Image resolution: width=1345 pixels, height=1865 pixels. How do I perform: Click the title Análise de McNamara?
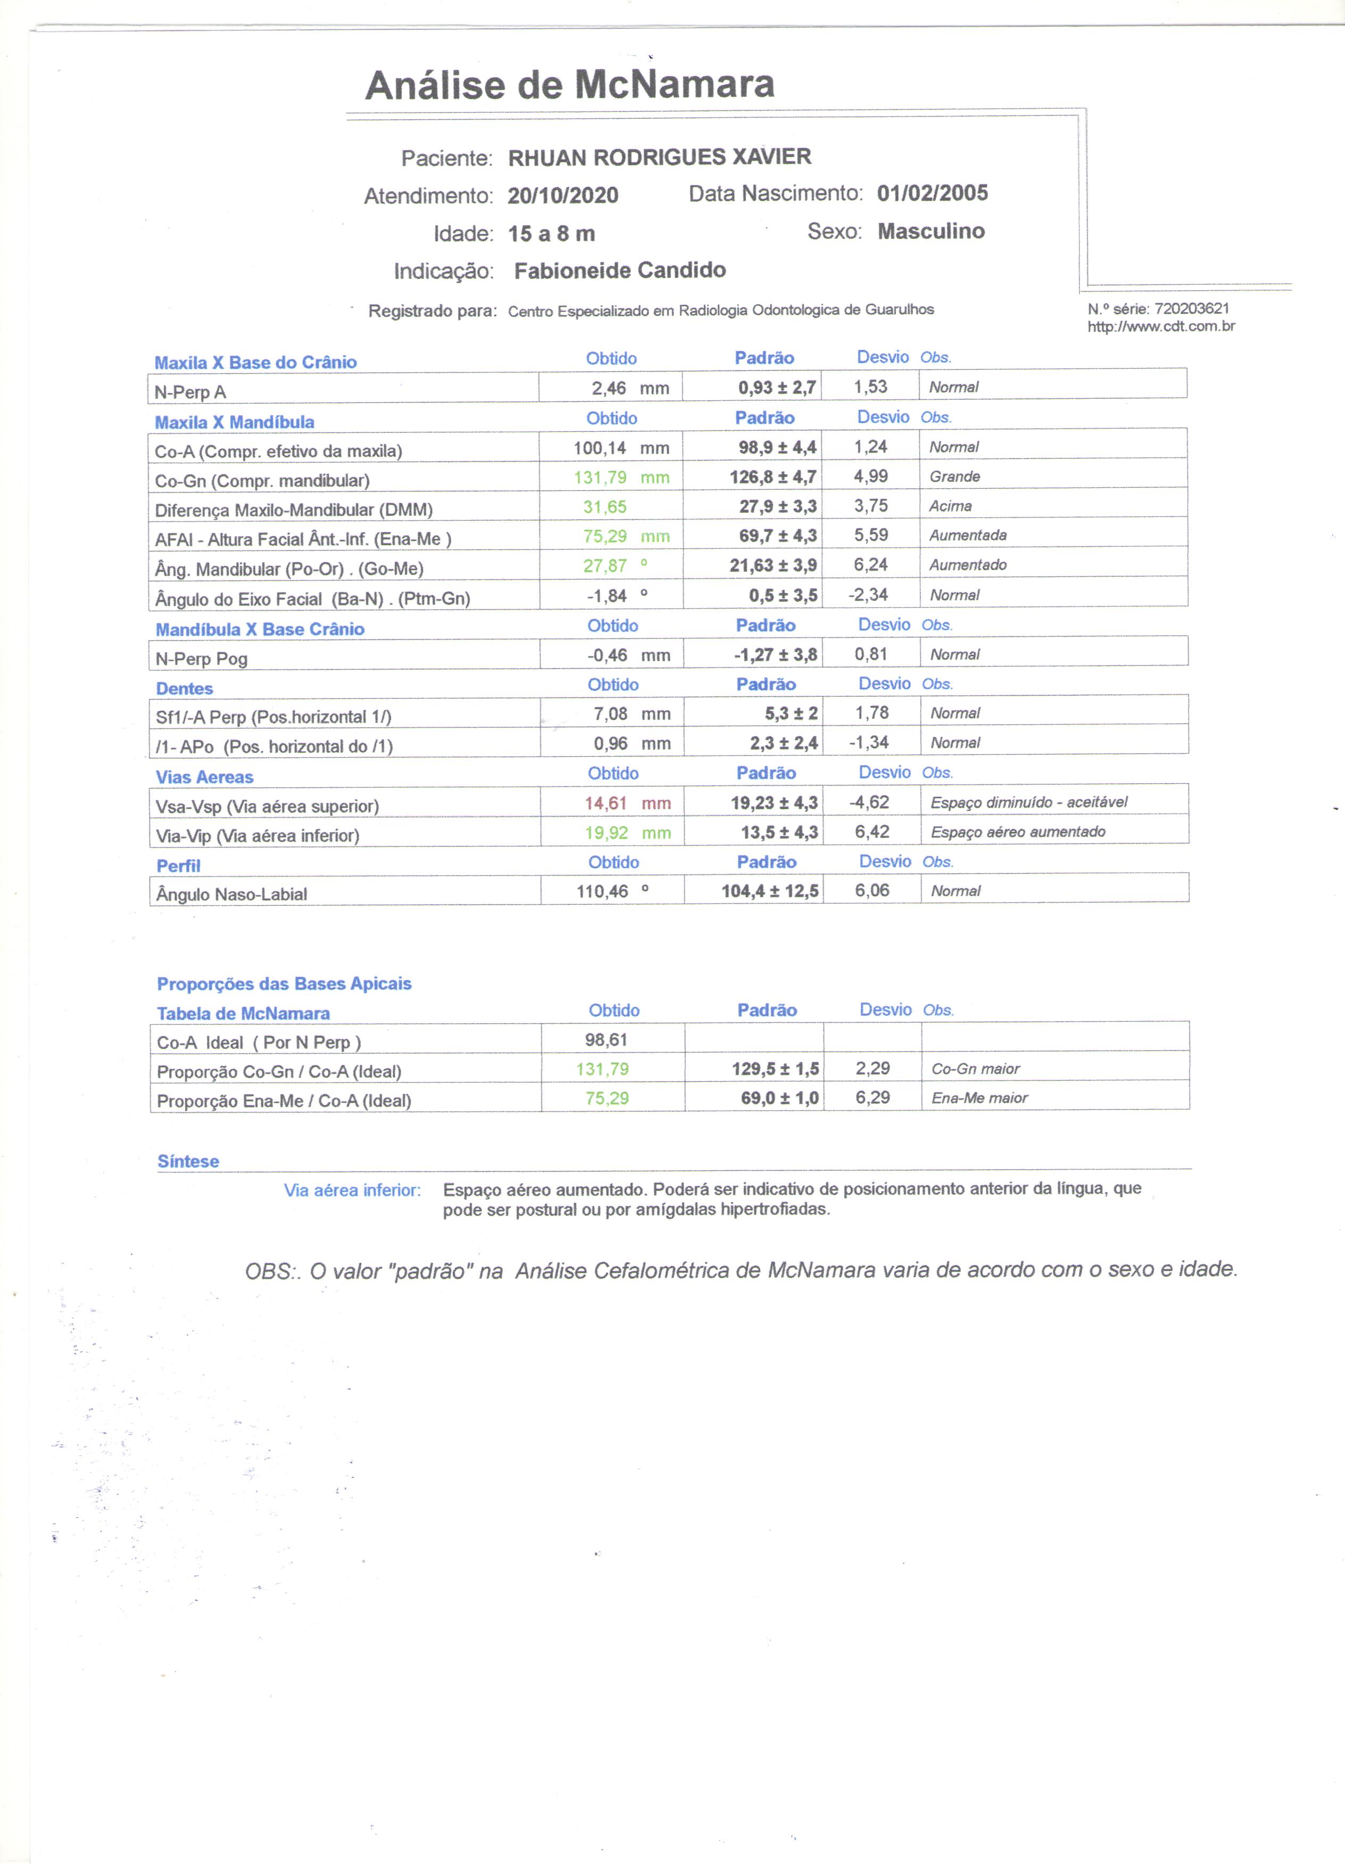(569, 85)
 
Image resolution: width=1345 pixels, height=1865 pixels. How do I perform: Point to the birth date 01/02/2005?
(932, 193)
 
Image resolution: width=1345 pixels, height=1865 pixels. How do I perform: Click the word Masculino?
(931, 231)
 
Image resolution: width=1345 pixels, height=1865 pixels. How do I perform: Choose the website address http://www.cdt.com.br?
(1161, 327)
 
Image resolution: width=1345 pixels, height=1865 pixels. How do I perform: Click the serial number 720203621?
(1191, 308)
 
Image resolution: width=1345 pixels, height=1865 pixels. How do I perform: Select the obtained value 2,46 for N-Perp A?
(609, 388)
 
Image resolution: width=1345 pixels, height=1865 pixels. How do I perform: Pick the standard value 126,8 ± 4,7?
(773, 477)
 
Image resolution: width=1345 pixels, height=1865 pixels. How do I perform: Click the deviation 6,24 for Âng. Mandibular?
(870, 565)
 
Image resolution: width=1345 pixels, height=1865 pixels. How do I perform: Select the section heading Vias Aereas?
(205, 777)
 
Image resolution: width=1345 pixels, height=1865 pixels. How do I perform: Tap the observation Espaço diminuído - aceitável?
(1028, 802)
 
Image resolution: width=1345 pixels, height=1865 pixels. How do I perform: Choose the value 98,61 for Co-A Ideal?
(607, 1040)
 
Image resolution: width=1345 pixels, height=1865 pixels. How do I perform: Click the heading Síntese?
(188, 1161)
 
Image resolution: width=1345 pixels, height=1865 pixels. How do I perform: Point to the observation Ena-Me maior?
(979, 1098)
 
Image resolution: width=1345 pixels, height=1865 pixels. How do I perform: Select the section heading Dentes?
(184, 688)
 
